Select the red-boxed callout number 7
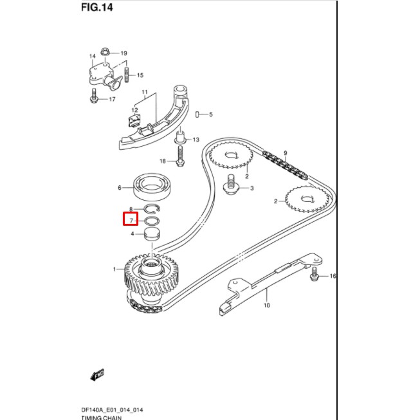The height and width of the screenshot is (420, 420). coord(131,221)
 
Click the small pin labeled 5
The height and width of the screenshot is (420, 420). coord(196,114)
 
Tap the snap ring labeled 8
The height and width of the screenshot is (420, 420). coord(152,209)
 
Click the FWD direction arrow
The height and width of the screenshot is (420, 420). coord(98,374)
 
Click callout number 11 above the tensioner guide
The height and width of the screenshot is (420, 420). coord(145,92)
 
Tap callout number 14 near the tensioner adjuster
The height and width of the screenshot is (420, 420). coord(92,57)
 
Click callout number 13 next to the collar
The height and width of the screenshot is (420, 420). coord(196,140)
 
